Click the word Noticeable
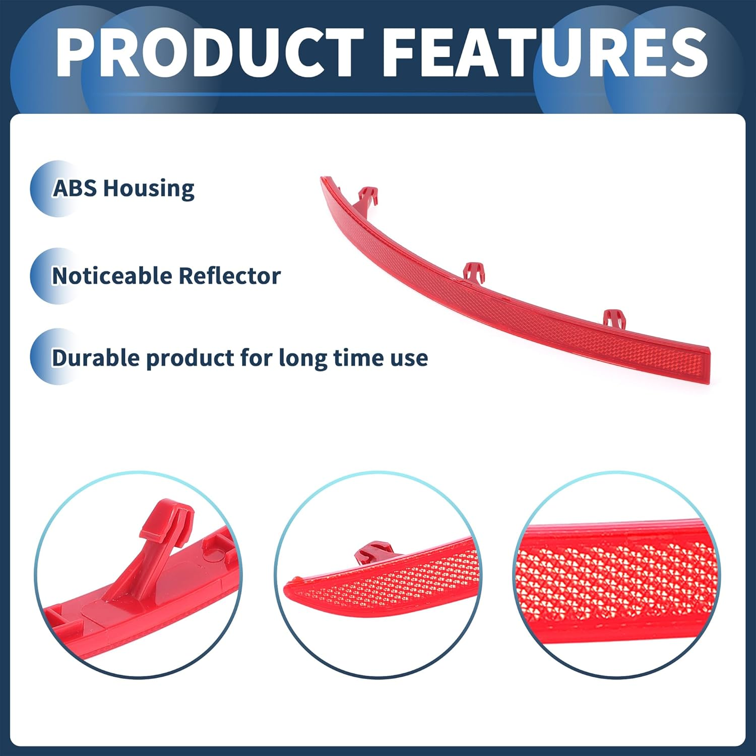click(x=112, y=276)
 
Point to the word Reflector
click(x=229, y=276)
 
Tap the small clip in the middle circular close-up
click(x=374, y=552)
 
